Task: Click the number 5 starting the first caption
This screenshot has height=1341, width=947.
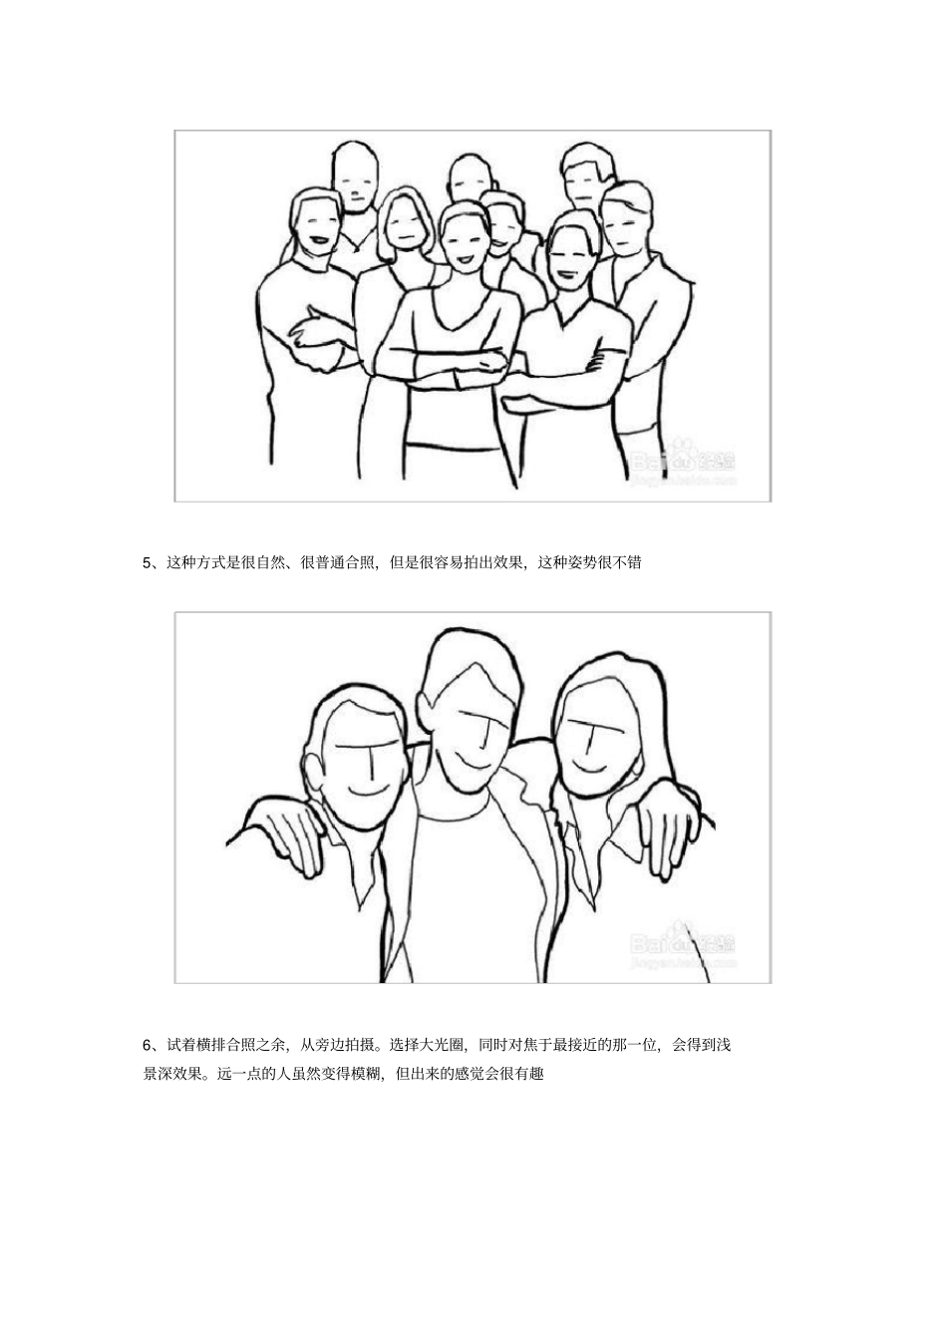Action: point(148,562)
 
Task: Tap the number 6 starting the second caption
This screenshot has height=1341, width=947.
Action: point(148,1045)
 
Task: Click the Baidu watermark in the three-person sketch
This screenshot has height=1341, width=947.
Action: point(683,942)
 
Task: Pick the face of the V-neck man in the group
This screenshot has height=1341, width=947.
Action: point(568,259)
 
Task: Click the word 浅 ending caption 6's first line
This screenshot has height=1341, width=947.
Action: point(725,1045)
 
